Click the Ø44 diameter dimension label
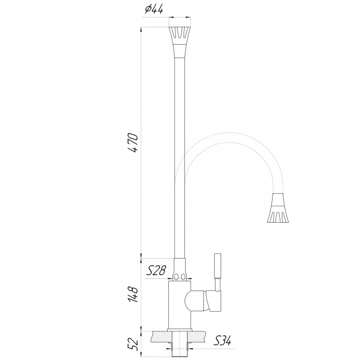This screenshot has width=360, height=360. pos(154,9)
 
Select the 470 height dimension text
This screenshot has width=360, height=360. pos(133,142)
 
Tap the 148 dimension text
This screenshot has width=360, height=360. pos(133,294)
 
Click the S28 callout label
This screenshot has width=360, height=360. pos(156,270)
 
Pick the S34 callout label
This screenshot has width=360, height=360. pos(222,340)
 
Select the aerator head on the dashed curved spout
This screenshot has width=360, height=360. pos(278,208)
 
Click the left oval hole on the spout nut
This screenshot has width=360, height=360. pos(176,277)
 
